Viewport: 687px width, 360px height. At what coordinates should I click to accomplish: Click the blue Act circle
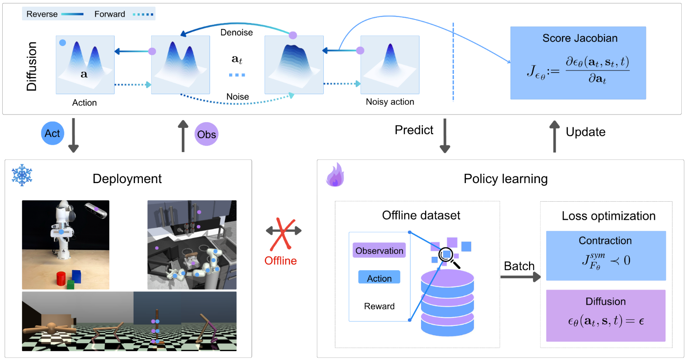pos(52,133)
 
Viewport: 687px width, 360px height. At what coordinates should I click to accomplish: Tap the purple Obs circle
pos(206,134)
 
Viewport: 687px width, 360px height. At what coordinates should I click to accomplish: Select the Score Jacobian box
pos(578,63)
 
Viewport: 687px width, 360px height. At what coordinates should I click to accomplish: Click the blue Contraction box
pos(606,255)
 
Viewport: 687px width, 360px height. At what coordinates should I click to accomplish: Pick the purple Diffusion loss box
pos(605,315)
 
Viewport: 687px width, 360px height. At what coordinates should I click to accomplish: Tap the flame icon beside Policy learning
pos(335,175)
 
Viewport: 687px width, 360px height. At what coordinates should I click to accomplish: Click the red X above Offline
pos(281,234)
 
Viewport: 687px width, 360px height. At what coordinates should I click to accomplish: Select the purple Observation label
pos(379,250)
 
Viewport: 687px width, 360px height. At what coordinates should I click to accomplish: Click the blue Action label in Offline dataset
pos(379,277)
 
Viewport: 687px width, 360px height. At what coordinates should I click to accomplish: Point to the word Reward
pos(379,306)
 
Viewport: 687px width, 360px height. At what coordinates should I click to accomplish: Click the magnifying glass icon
pos(448,257)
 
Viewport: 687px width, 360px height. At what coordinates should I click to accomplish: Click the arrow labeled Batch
pos(520,277)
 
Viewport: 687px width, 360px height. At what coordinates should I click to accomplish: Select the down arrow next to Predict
pos(445,135)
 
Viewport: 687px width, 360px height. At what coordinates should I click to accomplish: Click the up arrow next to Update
pos(554,137)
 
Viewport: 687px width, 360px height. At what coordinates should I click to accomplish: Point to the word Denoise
pos(237,32)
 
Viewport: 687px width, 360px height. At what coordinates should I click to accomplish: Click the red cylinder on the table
pos(61,279)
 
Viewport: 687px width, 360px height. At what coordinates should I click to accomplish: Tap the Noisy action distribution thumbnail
pos(390,65)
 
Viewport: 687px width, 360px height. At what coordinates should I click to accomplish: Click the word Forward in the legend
pos(110,14)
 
